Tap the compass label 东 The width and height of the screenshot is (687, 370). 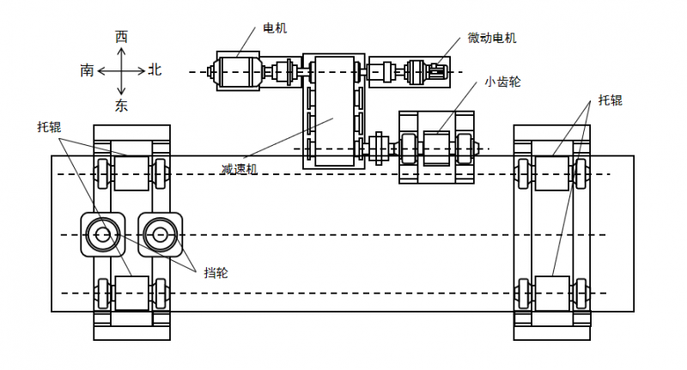click(121, 106)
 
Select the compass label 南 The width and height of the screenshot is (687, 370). click(88, 71)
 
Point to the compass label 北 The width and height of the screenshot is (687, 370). click(155, 70)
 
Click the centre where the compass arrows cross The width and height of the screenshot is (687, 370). click(121, 71)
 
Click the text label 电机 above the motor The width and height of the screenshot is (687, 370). click(275, 28)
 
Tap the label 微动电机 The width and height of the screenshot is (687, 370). click(492, 38)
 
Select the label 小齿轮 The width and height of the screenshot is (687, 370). click(502, 82)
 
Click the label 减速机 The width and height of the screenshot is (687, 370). click(240, 169)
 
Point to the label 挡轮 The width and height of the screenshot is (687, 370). click(216, 273)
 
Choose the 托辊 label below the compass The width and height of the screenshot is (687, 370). click(49, 127)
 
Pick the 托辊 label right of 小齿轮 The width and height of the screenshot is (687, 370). click(610, 100)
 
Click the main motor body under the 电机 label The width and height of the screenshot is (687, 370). click(240, 70)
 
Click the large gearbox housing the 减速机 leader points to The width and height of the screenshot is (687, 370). click(333, 112)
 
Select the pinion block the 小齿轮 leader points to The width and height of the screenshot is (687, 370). click(437, 143)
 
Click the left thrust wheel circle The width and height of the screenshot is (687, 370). click(103, 234)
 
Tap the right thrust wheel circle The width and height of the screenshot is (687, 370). click(158, 234)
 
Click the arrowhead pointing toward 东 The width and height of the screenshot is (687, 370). click(121, 90)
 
